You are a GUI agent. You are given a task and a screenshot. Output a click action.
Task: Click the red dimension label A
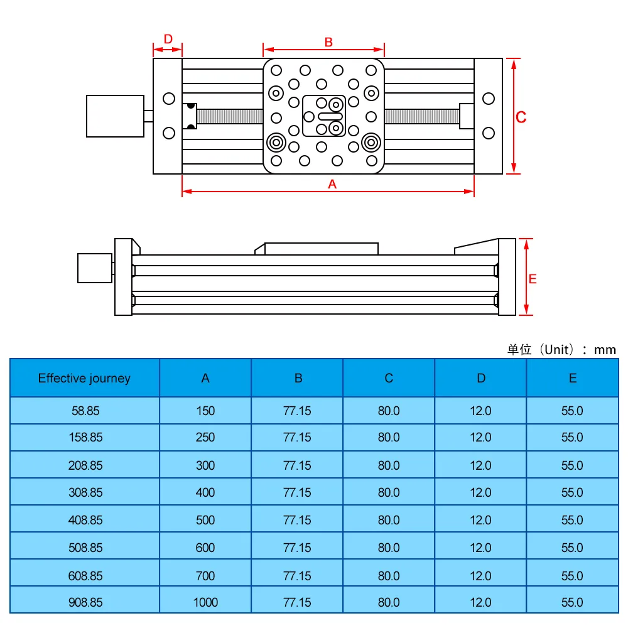coord(333,183)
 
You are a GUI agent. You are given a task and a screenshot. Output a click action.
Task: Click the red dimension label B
coord(328,42)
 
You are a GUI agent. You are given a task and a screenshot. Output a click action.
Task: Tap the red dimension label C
coord(521,117)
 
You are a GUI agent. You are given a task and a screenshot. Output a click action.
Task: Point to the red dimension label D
coord(168,39)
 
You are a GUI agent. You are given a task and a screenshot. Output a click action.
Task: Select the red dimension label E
coord(533,279)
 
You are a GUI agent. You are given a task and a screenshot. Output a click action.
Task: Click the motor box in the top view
coord(115,116)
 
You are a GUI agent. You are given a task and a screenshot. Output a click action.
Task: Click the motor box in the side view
coord(94,268)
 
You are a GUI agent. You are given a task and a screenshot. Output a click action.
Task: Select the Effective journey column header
coord(84,378)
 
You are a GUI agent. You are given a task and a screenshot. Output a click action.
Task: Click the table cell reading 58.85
coord(85,411)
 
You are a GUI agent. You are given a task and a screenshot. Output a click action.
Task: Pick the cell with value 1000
coord(205,602)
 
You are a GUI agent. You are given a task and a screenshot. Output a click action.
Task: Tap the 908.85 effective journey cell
coord(85,602)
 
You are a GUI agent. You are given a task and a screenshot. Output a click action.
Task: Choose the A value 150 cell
coord(205,411)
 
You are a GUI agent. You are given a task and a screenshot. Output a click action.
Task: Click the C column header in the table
coord(389,378)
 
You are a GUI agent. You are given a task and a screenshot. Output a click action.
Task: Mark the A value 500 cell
coord(205,520)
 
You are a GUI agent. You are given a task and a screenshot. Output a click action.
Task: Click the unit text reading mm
coord(605,350)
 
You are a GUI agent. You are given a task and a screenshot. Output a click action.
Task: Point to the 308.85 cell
coord(85,492)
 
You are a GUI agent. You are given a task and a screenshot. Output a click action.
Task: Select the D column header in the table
coord(480,378)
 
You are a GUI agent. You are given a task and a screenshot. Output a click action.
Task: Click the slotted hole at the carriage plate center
coord(330,116)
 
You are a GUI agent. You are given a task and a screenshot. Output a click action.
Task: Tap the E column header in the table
coord(572,378)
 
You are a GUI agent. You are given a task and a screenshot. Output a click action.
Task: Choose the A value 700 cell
coord(205,575)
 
